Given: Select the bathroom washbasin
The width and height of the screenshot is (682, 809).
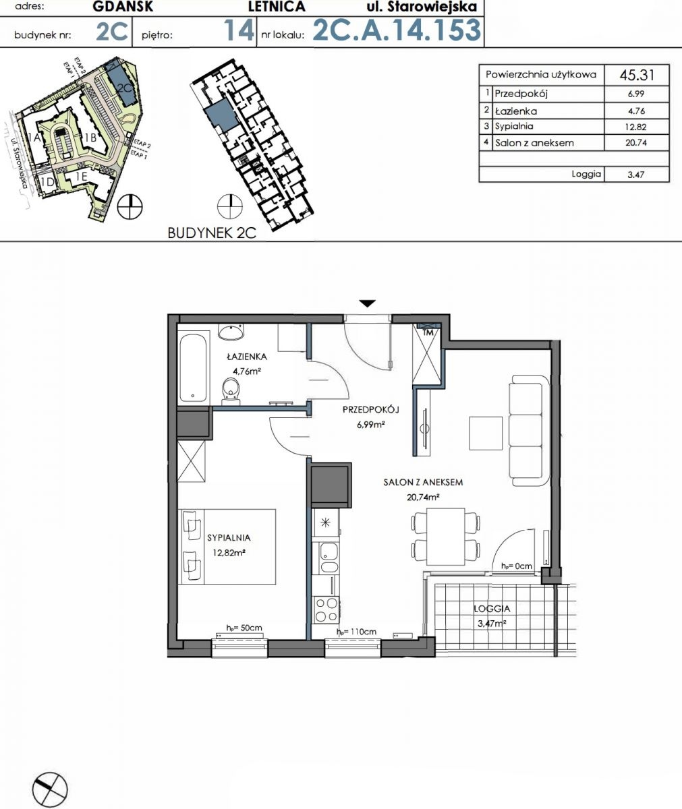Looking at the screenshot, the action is [x=231, y=332].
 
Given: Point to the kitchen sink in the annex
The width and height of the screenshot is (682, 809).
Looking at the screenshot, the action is [x=328, y=557].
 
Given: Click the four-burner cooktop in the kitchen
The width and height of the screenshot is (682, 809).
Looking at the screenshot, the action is [x=327, y=610].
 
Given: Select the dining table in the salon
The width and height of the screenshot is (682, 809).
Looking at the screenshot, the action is [x=445, y=537].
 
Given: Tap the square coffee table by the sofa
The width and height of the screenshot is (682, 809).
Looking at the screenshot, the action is [x=486, y=433].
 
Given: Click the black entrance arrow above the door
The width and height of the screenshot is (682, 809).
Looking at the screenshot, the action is [x=367, y=303].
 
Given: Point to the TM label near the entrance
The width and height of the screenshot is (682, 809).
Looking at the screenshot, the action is [x=428, y=332].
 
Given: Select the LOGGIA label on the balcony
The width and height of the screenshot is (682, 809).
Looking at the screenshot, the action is [x=492, y=609].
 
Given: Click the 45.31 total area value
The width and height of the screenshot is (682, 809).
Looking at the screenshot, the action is [x=637, y=75].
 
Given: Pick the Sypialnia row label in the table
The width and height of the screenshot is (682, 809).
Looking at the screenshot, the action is [x=514, y=126].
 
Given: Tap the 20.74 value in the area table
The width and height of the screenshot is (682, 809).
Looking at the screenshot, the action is [x=636, y=142].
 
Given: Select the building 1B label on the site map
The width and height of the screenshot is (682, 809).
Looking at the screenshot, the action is [x=90, y=137].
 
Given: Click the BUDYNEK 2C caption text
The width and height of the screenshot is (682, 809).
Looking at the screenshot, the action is [x=212, y=233].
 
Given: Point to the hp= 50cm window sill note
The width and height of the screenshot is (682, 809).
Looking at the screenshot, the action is [x=244, y=628].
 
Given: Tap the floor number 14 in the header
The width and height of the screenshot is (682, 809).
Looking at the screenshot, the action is [x=238, y=30].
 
